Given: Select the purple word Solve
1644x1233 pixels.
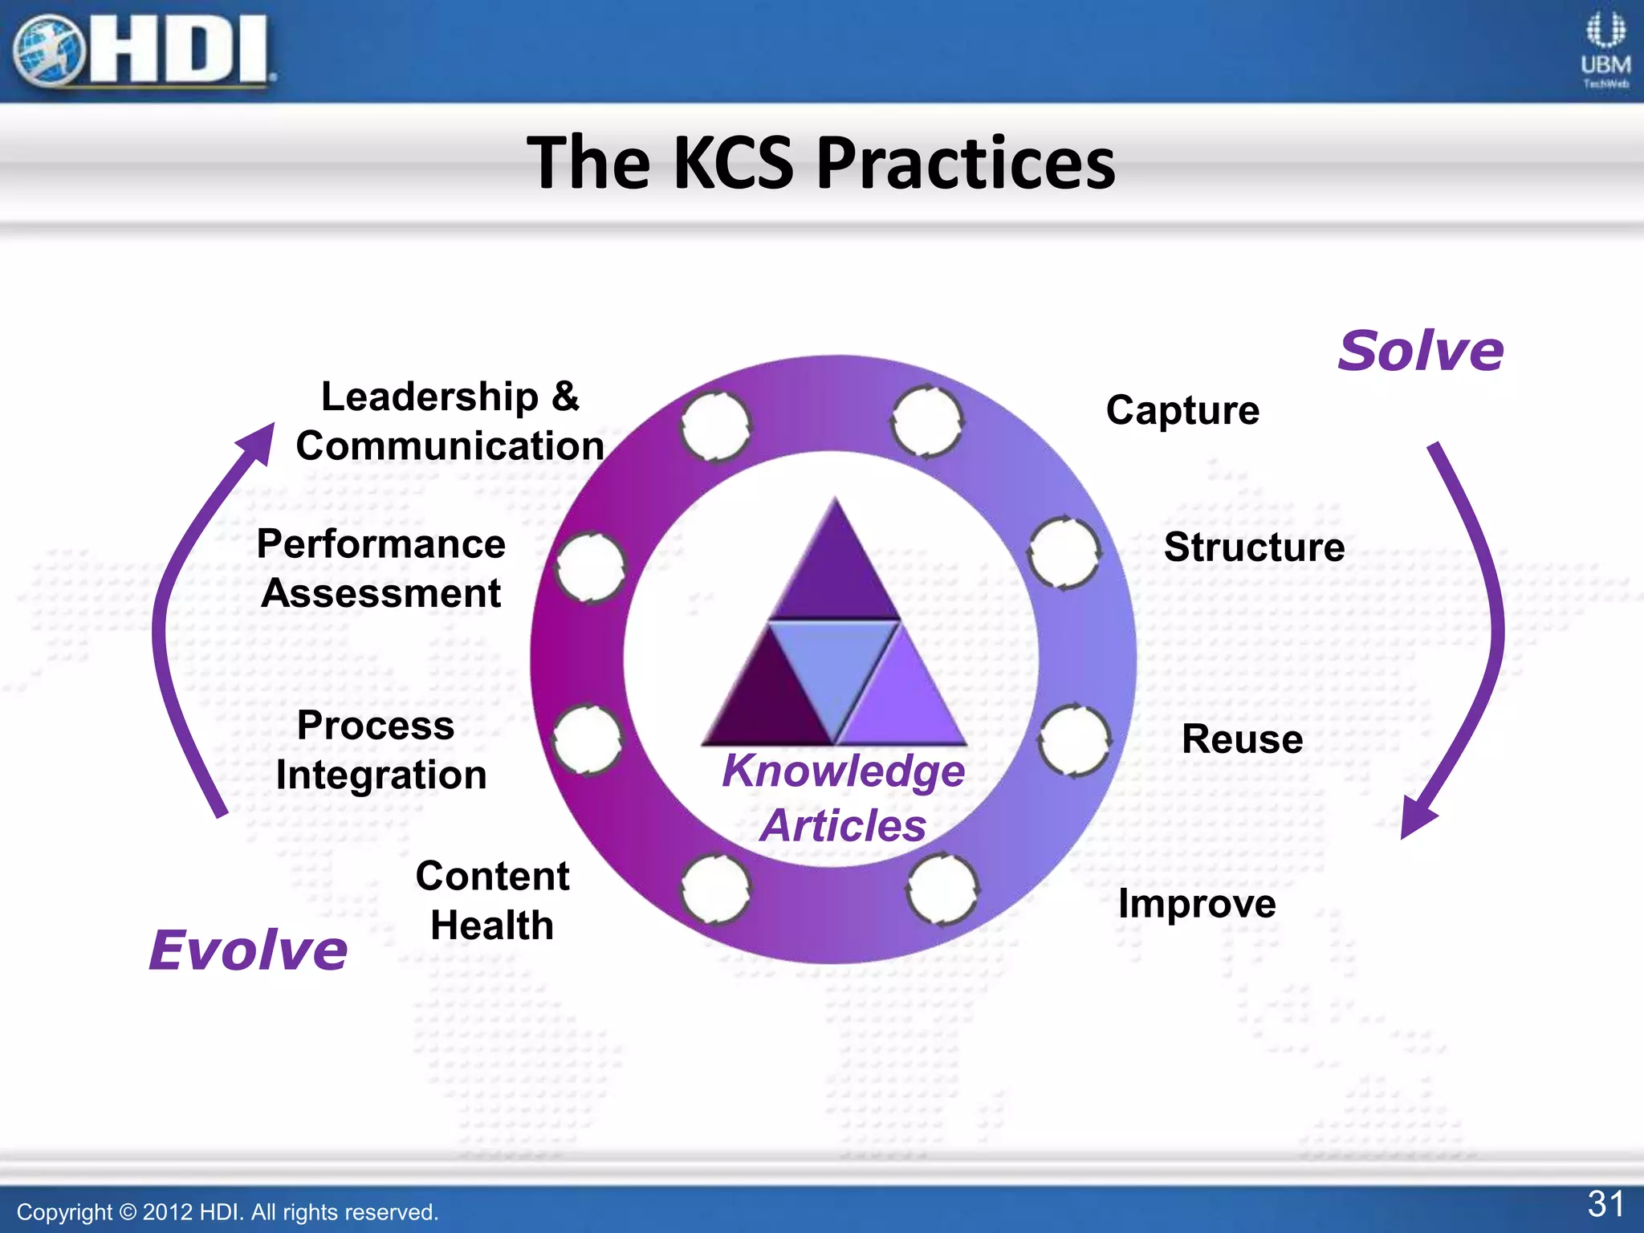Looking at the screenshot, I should coord(1420,351).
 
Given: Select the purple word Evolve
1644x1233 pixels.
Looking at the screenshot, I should coord(248,950).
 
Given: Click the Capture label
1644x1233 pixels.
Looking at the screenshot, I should coord(1182,410).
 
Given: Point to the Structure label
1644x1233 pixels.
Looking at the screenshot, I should coord(1254,547).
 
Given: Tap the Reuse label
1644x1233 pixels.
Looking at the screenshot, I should coord(1242,739).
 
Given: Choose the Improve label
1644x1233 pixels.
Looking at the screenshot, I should coord(1197,904).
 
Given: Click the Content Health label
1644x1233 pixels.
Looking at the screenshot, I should coord(492,900).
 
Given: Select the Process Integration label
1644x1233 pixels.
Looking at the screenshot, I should coord(380,750).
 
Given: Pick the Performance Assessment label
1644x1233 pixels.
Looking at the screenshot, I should coord(380,568).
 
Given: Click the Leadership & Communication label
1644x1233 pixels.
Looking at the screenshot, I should coord(450,421).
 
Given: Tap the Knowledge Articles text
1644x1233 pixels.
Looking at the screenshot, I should coord(843,797).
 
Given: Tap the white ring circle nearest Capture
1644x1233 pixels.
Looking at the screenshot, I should coord(927,422).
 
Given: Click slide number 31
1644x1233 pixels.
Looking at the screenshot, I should coord(1605,1203).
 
